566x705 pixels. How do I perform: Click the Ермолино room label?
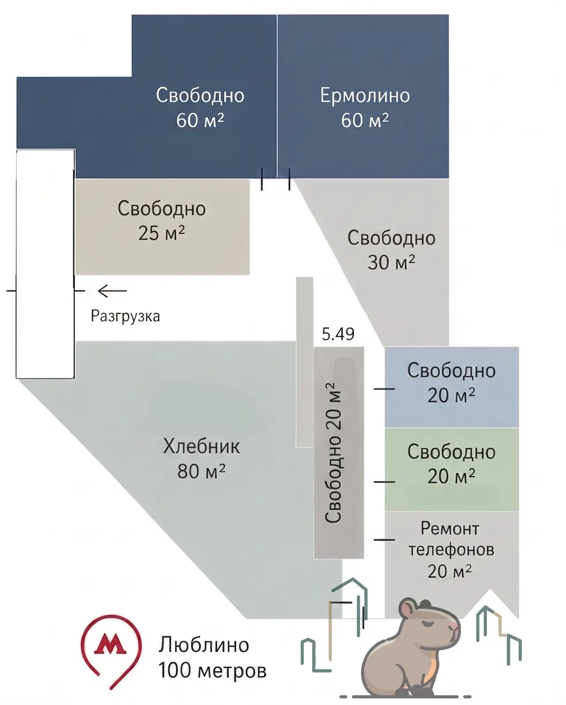tap(365, 95)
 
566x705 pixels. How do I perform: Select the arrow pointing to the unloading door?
tap(112, 291)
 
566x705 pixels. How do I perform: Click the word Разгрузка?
tap(125, 316)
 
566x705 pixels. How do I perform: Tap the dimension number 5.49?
tap(338, 334)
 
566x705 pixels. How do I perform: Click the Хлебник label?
tap(201, 446)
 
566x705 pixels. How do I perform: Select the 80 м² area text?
tap(201, 471)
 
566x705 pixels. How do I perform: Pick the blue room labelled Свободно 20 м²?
tap(451, 387)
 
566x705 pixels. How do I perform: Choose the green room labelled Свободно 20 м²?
tap(451, 470)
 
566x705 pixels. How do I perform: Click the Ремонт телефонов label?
tap(451, 538)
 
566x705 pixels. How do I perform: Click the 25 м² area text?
tap(161, 233)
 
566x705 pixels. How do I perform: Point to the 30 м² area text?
tap(391, 262)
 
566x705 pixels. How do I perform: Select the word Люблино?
tap(204, 645)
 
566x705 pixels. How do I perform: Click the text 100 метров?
tap(212, 670)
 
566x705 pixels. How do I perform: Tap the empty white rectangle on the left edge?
tap(45, 264)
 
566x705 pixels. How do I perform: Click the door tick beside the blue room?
tap(384, 389)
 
